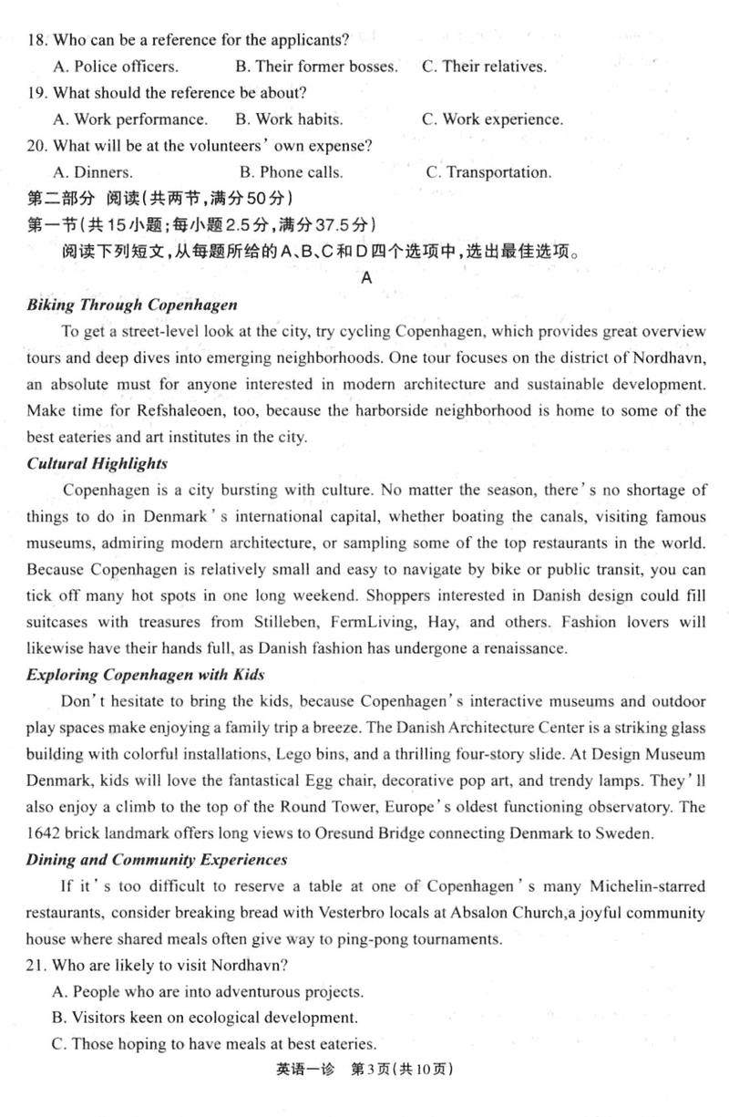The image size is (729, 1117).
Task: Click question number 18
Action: pos(37,39)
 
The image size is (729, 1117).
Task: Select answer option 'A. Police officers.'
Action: pos(116,66)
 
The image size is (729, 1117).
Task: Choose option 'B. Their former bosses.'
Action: pos(316,66)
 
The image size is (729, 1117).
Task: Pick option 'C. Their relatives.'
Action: pos(484,66)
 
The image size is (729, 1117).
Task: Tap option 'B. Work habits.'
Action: pos(289,119)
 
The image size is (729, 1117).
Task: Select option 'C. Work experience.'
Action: pos(492,119)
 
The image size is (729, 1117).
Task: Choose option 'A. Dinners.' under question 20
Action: pos(92,171)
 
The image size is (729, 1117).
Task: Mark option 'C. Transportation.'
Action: pos(488,171)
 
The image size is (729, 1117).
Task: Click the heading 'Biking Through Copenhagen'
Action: pos(132,305)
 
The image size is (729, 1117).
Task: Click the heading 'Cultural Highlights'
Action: pos(98,463)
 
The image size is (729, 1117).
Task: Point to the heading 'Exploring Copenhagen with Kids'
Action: pos(147,676)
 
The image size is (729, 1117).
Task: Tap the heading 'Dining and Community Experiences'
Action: pos(158,860)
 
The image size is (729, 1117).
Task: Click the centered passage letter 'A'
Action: pos(366,278)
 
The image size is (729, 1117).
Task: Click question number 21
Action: pos(37,966)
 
